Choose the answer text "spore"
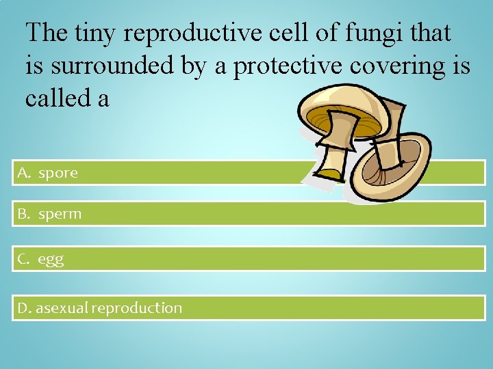pos(58,174)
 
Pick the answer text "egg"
pos(51,260)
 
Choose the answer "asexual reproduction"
pos(109,308)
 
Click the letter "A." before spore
pos(25,174)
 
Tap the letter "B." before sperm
pos(25,215)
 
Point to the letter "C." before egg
pos(25,260)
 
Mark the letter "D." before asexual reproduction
pos(25,308)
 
